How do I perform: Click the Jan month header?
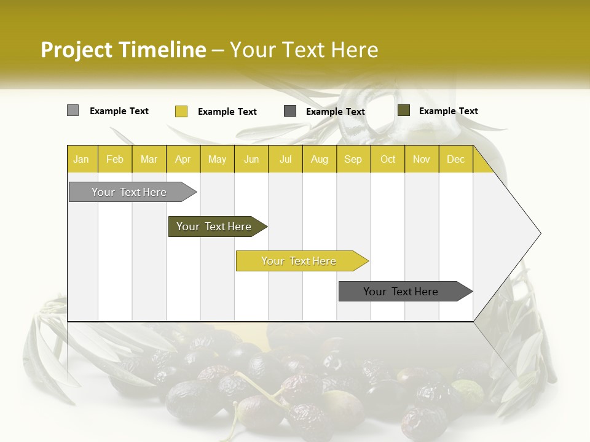[x=82, y=159]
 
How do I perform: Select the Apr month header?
[x=183, y=159]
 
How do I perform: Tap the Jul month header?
[x=286, y=159]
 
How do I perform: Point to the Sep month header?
[x=353, y=159]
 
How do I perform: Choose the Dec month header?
[x=455, y=159]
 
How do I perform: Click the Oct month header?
[x=388, y=159]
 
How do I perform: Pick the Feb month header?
[x=115, y=159]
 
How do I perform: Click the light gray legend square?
[x=73, y=110]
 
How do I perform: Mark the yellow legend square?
[x=181, y=111]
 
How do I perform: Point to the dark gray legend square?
[x=290, y=111]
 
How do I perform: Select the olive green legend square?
[x=404, y=110]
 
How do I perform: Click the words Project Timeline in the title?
[x=124, y=50]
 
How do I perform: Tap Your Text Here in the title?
[x=304, y=50]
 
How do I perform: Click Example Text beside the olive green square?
[x=448, y=111]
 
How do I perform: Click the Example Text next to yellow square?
[x=227, y=112]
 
